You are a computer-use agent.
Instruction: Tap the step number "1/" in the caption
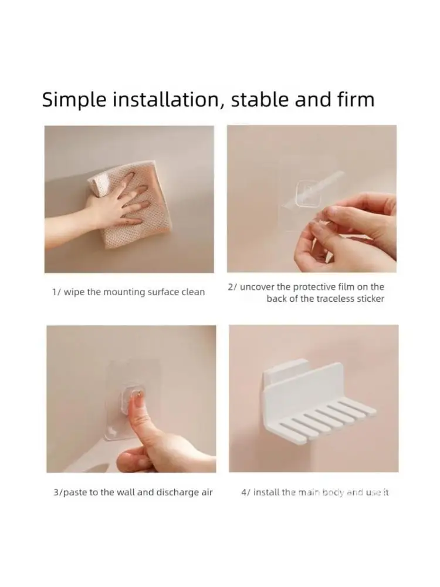tap(56, 292)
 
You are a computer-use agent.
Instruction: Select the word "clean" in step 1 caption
tap(193, 292)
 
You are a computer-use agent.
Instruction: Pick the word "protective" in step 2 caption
tap(314, 288)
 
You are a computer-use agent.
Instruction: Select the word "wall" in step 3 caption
tap(126, 492)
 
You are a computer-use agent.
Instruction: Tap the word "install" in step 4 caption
tap(266, 492)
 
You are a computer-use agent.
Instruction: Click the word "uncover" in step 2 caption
tap(258, 287)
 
